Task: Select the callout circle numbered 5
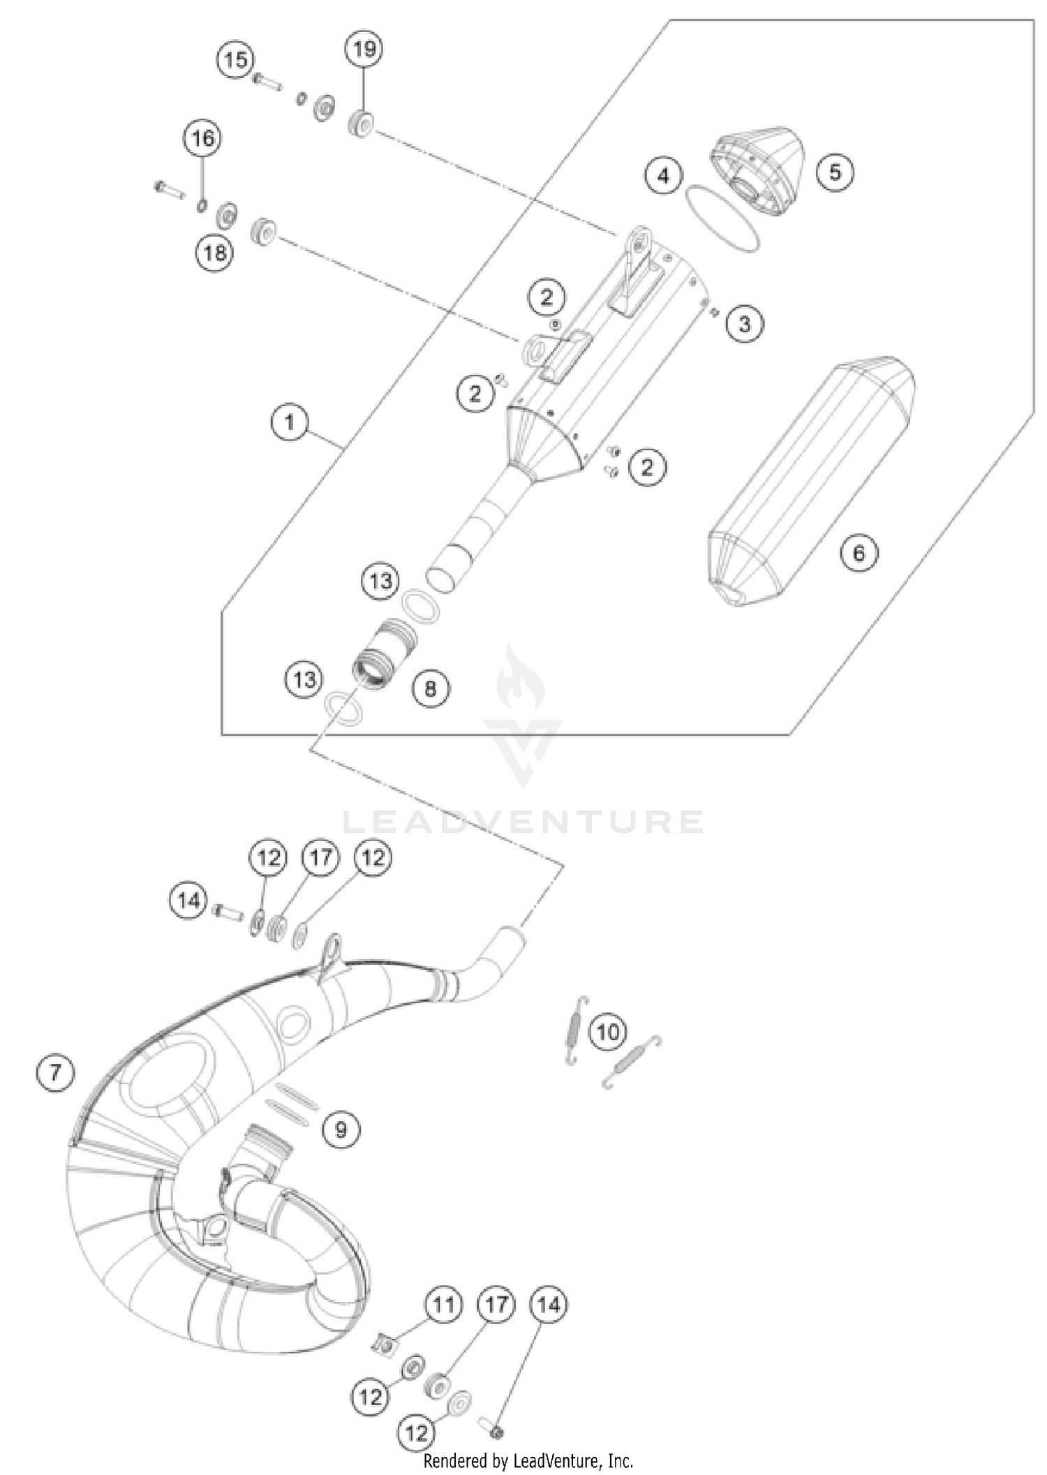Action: coord(836,171)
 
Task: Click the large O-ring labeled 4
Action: coord(722,218)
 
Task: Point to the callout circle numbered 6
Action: coord(859,553)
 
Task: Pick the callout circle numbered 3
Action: coord(745,324)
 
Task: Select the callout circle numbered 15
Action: coord(236,60)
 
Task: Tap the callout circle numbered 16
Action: coord(202,139)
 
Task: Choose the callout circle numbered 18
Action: coord(214,252)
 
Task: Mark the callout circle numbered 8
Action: coord(430,689)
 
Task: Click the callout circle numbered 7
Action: coord(55,1072)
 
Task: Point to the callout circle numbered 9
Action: coord(341,1129)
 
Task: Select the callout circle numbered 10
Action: coord(608,1031)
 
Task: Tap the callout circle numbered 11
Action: coord(443,1305)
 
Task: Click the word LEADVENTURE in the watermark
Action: coord(523,822)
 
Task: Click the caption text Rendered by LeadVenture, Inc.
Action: coord(528,1460)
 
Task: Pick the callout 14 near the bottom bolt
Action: coord(549,1305)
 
